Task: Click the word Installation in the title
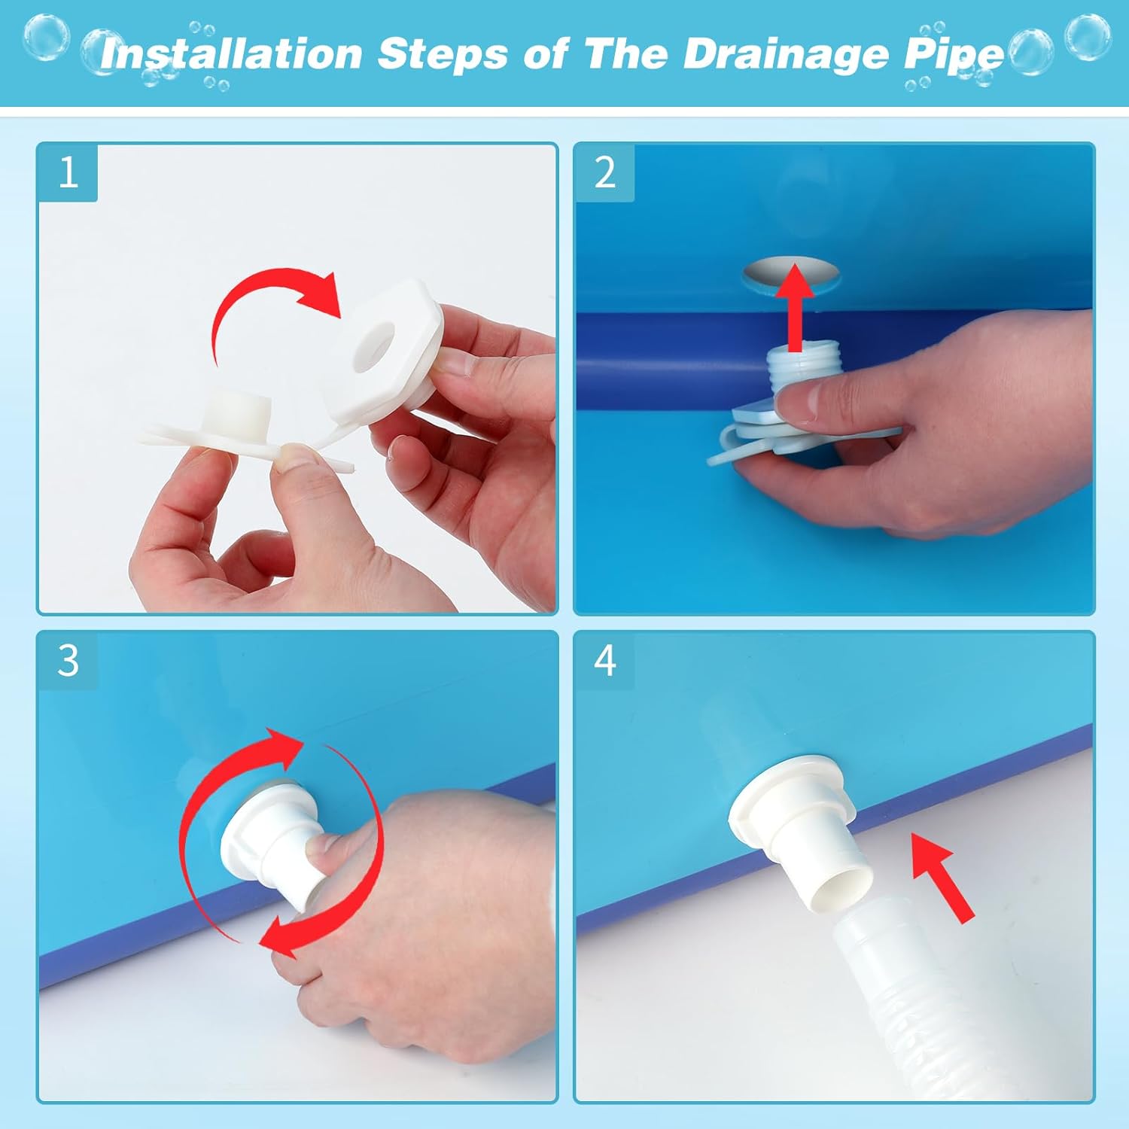232,54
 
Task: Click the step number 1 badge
68,172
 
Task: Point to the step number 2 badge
604,172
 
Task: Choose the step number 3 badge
68,660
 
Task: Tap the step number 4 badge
604,660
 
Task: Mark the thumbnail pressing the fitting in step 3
319,853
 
